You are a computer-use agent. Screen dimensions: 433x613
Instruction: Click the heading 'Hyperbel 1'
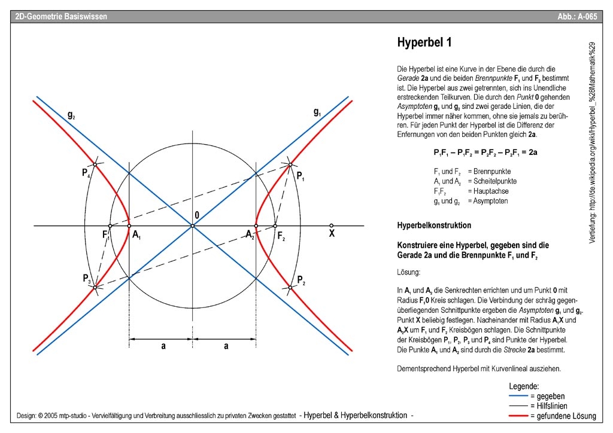424,42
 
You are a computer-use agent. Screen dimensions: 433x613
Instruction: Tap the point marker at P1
290,164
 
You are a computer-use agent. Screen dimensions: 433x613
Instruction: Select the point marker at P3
95,288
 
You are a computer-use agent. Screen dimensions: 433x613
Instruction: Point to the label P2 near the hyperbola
301,280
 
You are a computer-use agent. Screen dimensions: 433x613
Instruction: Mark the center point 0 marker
192,226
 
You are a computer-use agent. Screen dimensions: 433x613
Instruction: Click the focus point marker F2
275,226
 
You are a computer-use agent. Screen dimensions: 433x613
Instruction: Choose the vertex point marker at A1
130,226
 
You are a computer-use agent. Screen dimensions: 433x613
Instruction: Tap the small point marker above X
331,225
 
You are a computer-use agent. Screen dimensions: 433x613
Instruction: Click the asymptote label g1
317,111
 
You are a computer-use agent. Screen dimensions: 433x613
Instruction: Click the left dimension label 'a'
163,346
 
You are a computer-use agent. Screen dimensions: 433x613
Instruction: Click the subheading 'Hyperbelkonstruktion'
434,225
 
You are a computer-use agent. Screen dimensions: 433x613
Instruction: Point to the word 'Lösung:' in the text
409,272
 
